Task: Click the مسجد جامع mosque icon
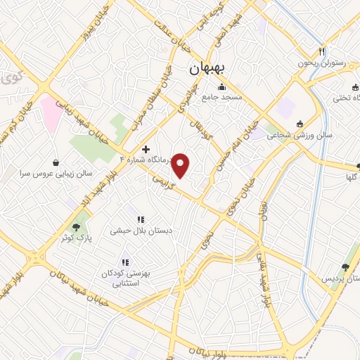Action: pyautogui.click(x=222, y=87)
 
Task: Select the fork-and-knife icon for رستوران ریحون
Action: pyautogui.click(x=322, y=51)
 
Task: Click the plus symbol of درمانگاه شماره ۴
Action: pyautogui.click(x=146, y=148)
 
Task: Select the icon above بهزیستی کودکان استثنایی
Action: pyautogui.click(x=127, y=262)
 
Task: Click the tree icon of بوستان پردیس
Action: pyautogui.click(x=345, y=267)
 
